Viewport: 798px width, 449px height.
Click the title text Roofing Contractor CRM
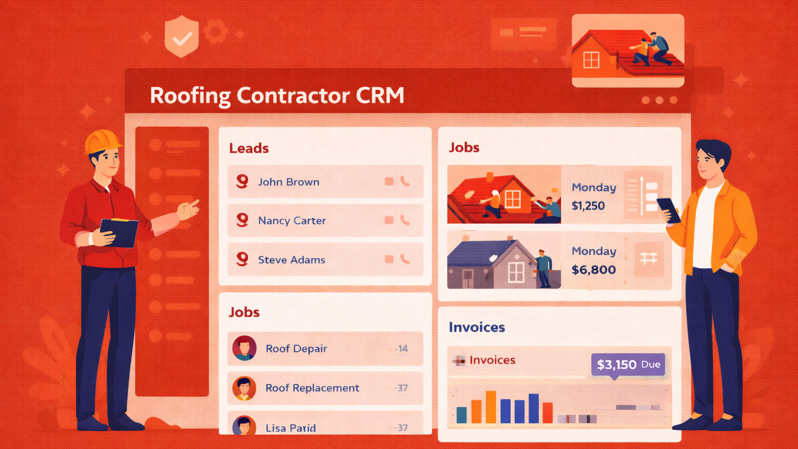pyautogui.click(x=277, y=96)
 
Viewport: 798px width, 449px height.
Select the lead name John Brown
pyautogui.click(x=288, y=182)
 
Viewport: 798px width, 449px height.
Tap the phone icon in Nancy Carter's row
pyautogui.click(x=405, y=220)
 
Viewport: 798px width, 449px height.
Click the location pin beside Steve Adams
pyautogui.click(x=242, y=259)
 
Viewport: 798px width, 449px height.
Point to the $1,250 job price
pyautogui.click(x=588, y=206)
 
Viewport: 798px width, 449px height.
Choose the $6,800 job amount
pyautogui.click(x=593, y=270)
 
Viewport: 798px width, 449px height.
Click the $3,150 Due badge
pyautogui.click(x=628, y=364)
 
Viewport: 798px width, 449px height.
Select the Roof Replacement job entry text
pyautogui.click(x=312, y=388)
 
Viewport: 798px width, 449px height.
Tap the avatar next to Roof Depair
pyautogui.click(x=244, y=348)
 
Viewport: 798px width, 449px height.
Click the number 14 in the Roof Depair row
pyautogui.click(x=402, y=349)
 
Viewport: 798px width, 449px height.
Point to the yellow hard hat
pyautogui.click(x=102, y=141)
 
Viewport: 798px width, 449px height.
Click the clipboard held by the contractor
pyautogui.click(x=119, y=232)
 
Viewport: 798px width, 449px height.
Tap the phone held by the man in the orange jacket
pyautogui.click(x=668, y=209)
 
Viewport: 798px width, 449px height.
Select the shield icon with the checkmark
pyautogui.click(x=181, y=36)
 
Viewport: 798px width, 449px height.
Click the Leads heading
pyautogui.click(x=249, y=149)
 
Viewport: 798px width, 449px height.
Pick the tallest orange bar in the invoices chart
pyautogui.click(x=490, y=407)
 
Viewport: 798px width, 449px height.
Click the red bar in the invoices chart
pyautogui.click(x=548, y=413)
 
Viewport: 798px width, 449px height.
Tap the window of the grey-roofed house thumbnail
pyautogui.click(x=515, y=272)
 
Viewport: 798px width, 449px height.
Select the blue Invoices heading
pyautogui.click(x=476, y=327)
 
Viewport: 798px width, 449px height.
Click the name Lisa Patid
pyautogui.click(x=290, y=428)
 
